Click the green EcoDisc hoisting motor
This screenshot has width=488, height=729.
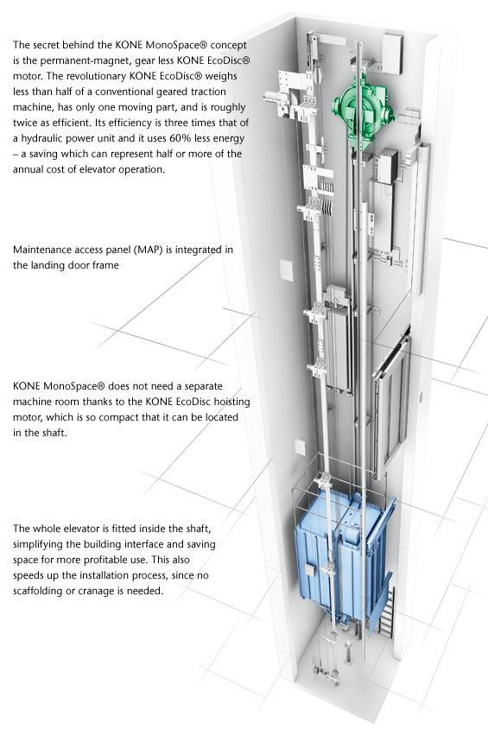(x=361, y=110)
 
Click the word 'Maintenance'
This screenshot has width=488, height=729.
(x=44, y=251)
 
